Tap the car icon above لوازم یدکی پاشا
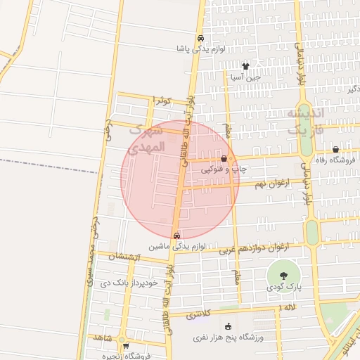pyautogui.click(x=201, y=39)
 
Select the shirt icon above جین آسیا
pyautogui.click(x=245, y=67)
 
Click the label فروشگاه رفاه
pyautogui.click(x=336, y=160)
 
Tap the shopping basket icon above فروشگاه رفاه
pyautogui.click(x=336, y=149)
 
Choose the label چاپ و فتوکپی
pyautogui.click(x=224, y=169)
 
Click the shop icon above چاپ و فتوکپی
pyautogui.click(x=224, y=160)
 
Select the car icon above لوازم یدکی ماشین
pyautogui.click(x=176, y=236)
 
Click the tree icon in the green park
pyautogui.click(x=283, y=276)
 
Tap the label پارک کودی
pyautogui.click(x=283, y=288)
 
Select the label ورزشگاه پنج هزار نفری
pyautogui.click(x=228, y=337)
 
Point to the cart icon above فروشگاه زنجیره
pyautogui.click(x=126, y=346)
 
